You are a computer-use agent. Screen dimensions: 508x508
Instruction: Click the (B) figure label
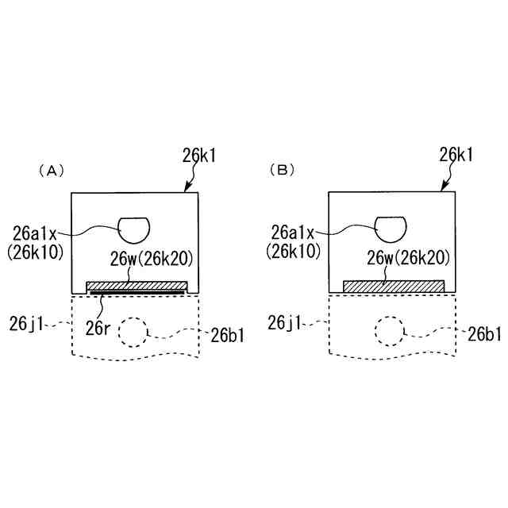click(x=281, y=171)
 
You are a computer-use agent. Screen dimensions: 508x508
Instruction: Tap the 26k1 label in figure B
click(x=455, y=156)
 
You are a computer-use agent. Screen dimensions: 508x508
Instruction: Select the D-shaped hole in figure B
click(x=391, y=229)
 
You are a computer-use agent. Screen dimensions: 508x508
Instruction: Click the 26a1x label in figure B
click(x=293, y=233)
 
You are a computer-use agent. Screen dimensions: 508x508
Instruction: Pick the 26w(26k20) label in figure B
click(x=409, y=259)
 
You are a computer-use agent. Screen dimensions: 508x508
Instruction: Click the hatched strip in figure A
click(x=137, y=285)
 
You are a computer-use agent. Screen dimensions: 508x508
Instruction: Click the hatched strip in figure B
click(x=393, y=286)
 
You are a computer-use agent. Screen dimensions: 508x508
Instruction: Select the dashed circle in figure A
click(x=133, y=333)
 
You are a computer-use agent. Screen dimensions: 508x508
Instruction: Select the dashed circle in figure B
click(x=390, y=331)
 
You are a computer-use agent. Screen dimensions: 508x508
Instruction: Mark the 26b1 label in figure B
click(x=483, y=334)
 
